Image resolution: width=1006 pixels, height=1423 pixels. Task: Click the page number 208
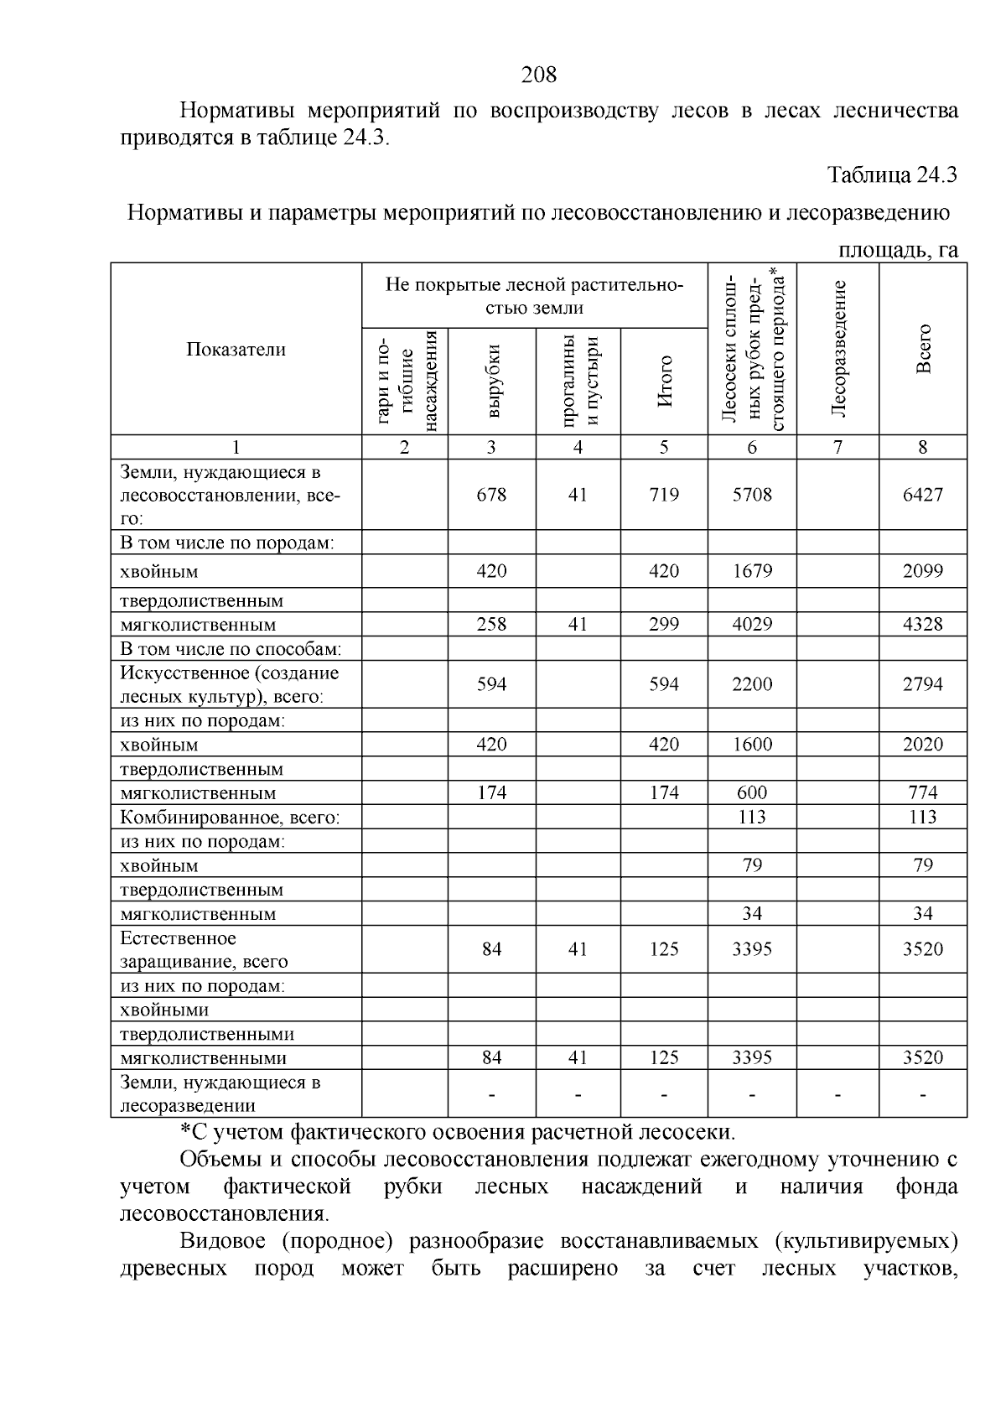[538, 75]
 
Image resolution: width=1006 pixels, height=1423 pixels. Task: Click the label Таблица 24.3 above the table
[892, 175]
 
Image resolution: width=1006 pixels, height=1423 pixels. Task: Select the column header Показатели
[236, 350]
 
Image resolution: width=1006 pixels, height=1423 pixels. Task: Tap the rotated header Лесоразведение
[837, 349]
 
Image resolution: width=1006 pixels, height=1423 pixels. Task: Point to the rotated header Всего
[923, 349]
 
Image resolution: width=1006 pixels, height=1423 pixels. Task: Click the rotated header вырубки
[492, 381]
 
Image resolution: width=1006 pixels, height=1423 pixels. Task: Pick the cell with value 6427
[922, 495]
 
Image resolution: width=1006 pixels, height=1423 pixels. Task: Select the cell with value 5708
[751, 495]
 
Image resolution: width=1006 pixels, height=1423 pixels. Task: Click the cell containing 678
[491, 495]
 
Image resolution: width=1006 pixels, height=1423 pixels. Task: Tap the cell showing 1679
[751, 572]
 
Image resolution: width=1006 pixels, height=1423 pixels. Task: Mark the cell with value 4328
[922, 625]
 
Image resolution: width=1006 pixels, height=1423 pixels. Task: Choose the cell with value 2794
[922, 685]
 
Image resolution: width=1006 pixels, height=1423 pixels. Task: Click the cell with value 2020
[922, 745]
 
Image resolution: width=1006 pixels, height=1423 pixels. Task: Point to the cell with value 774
[922, 793]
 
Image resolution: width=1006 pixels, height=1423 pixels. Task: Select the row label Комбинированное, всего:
[230, 818]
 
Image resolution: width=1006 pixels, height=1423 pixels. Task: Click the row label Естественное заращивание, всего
[204, 950]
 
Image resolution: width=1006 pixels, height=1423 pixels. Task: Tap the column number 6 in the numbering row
[751, 448]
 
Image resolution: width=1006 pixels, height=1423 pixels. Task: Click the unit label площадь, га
[898, 251]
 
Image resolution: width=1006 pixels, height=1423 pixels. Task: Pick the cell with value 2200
[751, 685]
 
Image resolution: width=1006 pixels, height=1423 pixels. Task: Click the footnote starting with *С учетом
[458, 1133]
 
